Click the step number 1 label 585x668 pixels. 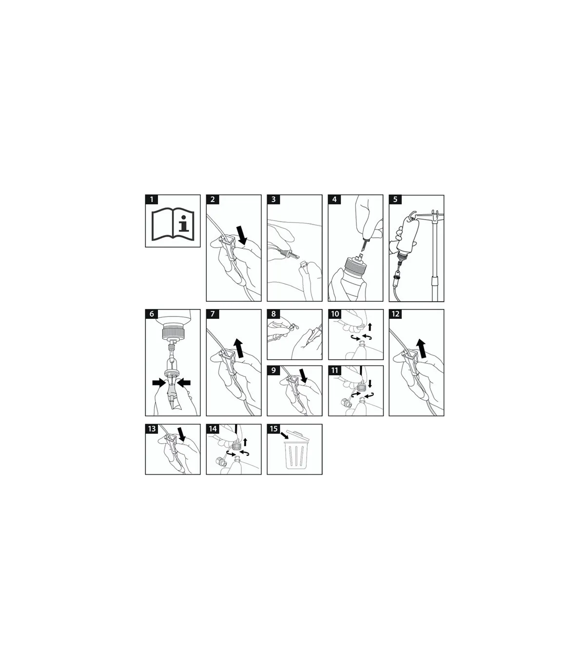pyautogui.click(x=152, y=200)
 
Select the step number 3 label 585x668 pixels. pyautogui.click(x=273, y=200)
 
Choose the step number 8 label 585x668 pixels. pyautogui.click(x=273, y=314)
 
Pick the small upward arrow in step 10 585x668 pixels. pyautogui.click(x=370, y=326)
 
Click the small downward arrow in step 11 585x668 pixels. pyautogui.click(x=370, y=383)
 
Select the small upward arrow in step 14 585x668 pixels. pyautogui.click(x=245, y=443)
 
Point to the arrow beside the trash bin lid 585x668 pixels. pyautogui.click(x=284, y=436)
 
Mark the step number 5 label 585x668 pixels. pyautogui.click(x=395, y=200)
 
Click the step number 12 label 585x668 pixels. pyautogui.click(x=395, y=314)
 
